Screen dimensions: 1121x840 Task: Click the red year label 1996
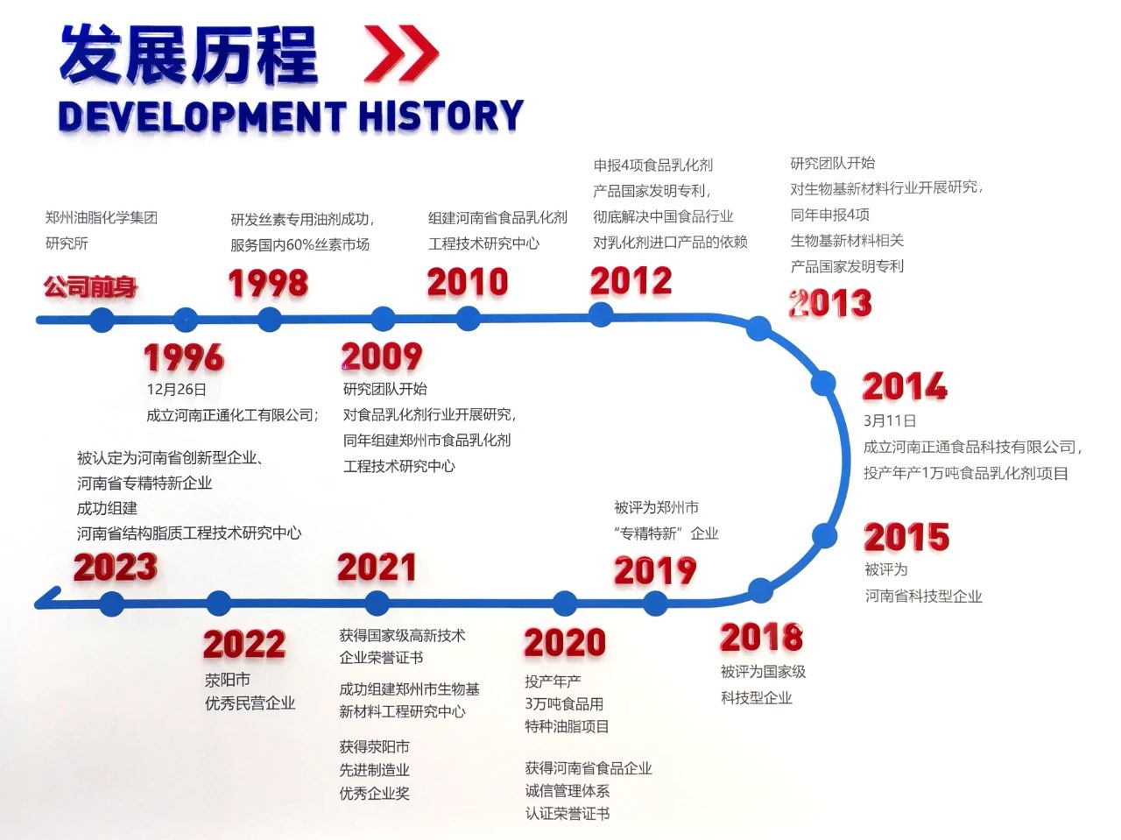click(184, 357)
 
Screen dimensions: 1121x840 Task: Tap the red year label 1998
click(268, 283)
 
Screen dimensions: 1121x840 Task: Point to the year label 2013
click(830, 303)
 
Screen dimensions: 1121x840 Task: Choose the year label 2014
click(905, 386)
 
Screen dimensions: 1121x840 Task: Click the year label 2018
click(761, 637)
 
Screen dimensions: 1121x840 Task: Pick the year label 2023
click(116, 567)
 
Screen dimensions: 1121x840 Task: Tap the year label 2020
click(565, 642)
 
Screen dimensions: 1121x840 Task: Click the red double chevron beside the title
click(401, 53)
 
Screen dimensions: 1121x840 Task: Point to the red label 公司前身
click(90, 286)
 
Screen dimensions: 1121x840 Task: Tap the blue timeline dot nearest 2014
click(823, 384)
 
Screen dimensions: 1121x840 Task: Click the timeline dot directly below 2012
click(601, 314)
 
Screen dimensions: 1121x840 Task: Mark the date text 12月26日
click(177, 390)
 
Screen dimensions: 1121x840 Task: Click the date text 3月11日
click(890, 420)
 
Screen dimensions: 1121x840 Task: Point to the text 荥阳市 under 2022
click(228, 680)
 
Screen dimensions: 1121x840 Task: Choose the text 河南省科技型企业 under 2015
click(923, 596)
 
